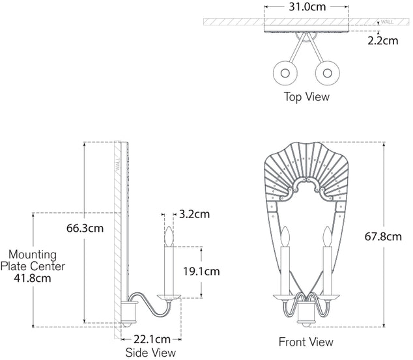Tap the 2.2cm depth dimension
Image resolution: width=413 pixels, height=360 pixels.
(x=382, y=40)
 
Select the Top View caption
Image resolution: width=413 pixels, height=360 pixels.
(x=306, y=97)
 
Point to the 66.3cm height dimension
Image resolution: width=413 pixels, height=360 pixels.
(x=85, y=228)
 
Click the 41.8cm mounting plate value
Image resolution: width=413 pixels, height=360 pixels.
(x=33, y=278)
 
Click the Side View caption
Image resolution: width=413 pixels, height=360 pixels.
(x=150, y=353)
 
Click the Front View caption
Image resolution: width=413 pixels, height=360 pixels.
(x=306, y=342)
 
